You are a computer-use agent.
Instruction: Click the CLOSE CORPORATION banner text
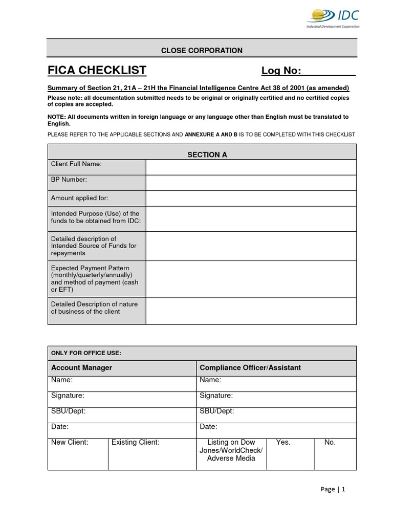pyautogui.click(x=202, y=50)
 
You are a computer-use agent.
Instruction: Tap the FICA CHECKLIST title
pyautogui.click(x=97, y=70)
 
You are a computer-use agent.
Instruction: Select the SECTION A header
pyautogui.click(x=207, y=155)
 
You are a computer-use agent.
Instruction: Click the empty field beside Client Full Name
pyautogui.click(x=251, y=167)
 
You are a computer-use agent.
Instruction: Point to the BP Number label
pyautogui.click(x=69, y=180)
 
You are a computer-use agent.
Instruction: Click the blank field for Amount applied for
pyautogui.click(x=251, y=198)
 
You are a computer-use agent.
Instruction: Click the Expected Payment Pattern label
pyautogui.click(x=95, y=279)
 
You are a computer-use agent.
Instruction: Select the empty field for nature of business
pyautogui.click(x=251, y=311)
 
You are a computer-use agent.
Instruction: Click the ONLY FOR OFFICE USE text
pyautogui.click(x=86, y=353)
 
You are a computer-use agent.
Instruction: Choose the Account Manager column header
pyautogui.click(x=81, y=367)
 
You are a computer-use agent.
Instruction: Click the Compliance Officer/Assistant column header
pyautogui.click(x=250, y=367)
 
